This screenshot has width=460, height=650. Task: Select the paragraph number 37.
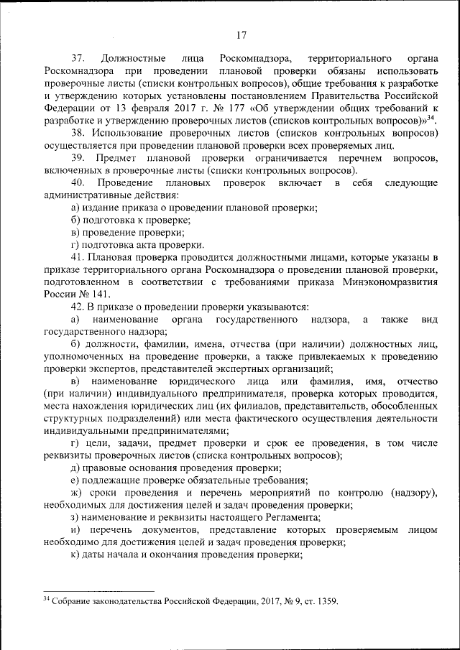(x=78, y=57)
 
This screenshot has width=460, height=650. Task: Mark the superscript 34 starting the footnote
(x=46, y=598)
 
